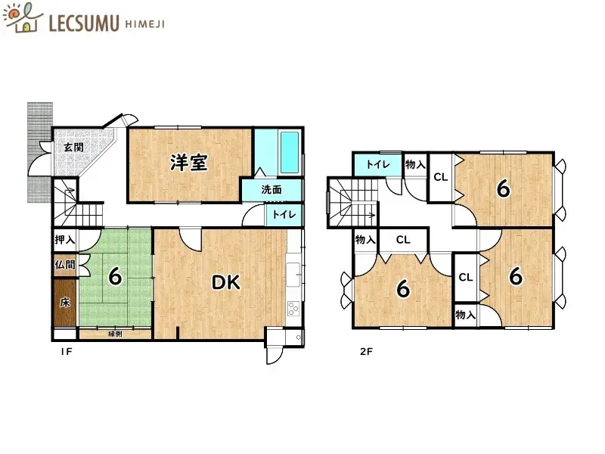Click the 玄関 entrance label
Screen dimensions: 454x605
tap(73, 147)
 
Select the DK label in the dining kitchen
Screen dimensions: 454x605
tap(225, 282)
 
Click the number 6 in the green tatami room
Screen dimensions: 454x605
tap(114, 277)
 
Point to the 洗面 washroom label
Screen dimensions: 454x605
tap(271, 190)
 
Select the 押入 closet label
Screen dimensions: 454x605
tap(64, 240)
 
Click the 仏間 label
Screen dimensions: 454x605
tap(64, 265)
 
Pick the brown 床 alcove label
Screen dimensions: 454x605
tap(64, 303)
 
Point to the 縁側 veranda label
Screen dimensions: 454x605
tap(115, 333)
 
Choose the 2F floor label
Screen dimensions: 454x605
tap(366, 351)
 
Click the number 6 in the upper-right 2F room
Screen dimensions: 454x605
tap(502, 188)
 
